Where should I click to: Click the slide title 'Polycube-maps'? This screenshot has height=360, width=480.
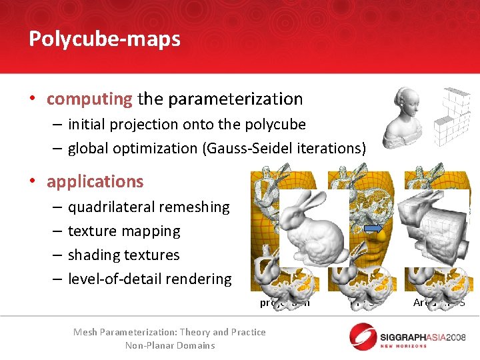(105, 39)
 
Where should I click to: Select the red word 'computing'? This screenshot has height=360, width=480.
(89, 99)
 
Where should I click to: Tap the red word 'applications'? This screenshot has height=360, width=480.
(95, 181)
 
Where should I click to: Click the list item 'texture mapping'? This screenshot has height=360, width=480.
(124, 231)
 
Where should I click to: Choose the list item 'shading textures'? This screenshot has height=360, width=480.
(124, 255)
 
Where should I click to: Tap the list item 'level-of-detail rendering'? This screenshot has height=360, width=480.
(149, 279)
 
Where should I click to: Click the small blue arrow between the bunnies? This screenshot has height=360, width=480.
(374, 228)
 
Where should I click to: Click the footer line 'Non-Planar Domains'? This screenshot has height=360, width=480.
(170, 345)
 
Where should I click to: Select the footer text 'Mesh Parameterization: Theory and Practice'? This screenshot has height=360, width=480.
(169, 332)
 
